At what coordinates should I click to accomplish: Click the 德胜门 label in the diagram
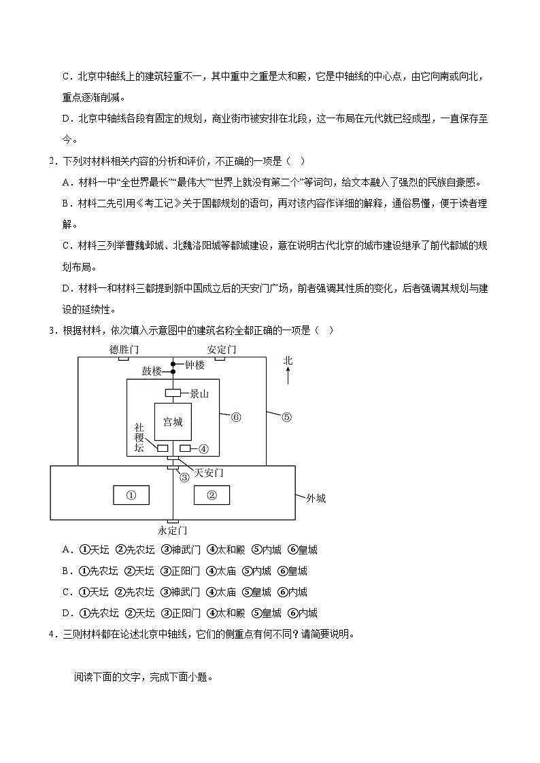(x=124, y=349)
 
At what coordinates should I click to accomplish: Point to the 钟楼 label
(x=195, y=364)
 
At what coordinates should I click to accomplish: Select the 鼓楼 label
(x=152, y=371)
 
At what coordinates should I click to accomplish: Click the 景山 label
(x=199, y=393)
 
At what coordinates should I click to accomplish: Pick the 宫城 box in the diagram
(x=173, y=422)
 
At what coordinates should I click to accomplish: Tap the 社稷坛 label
(x=139, y=438)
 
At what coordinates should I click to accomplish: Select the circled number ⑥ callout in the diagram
(x=236, y=417)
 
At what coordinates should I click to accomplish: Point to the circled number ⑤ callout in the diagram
(x=286, y=417)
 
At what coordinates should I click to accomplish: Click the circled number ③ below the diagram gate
(x=184, y=477)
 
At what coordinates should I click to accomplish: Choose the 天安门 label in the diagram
(x=209, y=472)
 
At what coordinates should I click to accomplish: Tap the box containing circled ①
(x=132, y=495)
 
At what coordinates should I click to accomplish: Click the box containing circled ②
(x=212, y=495)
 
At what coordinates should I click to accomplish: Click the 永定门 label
(x=172, y=530)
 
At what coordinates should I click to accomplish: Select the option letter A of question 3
(x=66, y=550)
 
